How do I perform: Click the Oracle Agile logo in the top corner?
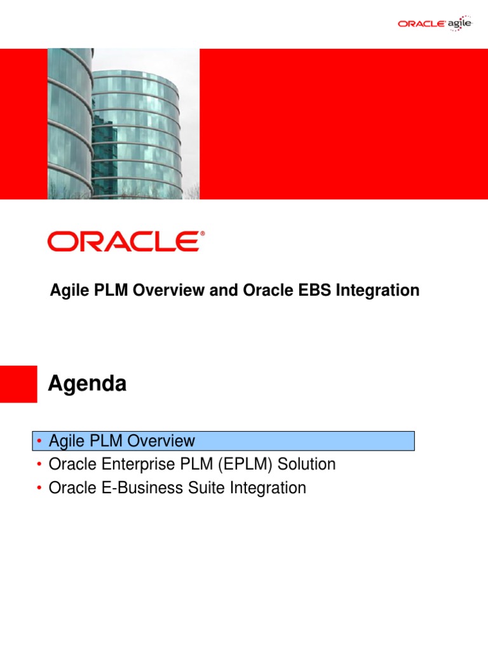435,23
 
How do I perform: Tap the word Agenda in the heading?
88,384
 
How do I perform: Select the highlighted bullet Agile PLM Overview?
122,441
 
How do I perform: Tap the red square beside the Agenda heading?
18,383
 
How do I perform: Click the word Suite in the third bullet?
201,488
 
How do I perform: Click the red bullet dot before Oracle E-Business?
39,489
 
